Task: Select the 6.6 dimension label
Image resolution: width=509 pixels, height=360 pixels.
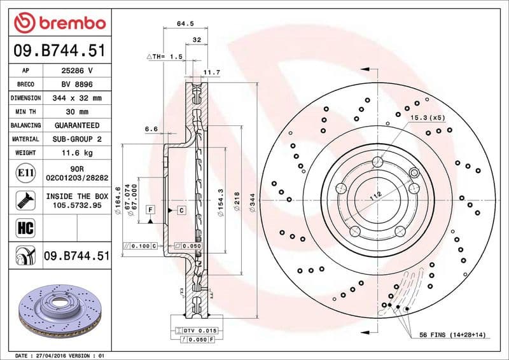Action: point(151,129)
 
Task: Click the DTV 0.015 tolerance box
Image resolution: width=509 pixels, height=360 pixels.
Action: point(200,331)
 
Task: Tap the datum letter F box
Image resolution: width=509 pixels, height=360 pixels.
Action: point(151,209)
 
